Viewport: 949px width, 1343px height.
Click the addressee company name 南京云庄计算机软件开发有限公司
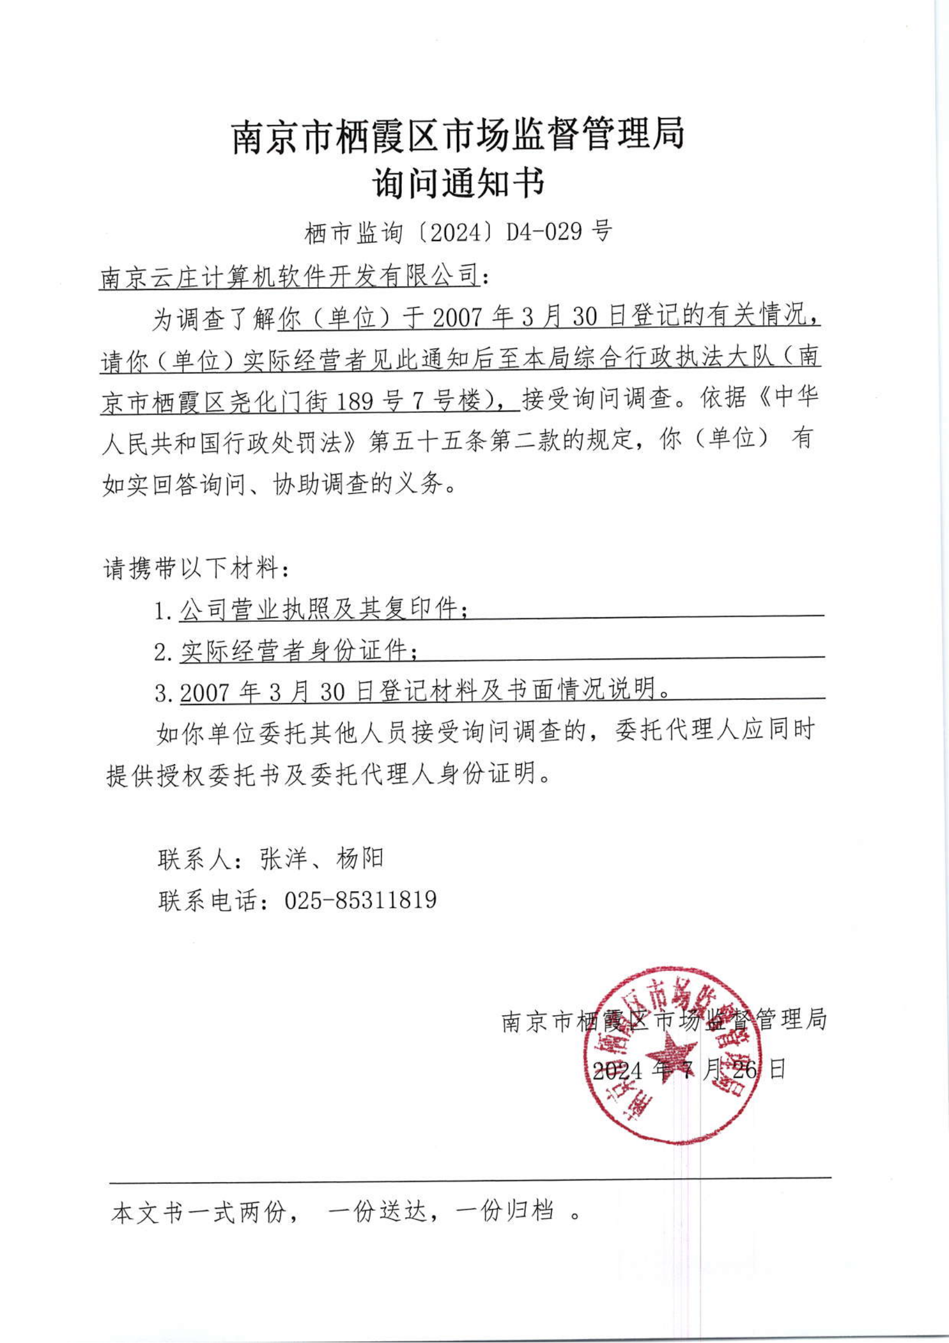[289, 276]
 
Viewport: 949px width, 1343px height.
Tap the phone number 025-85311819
[360, 900]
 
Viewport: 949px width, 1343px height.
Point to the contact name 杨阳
[359, 858]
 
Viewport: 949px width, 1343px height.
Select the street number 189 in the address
[355, 401]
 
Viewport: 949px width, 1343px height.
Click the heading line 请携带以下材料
[196, 568]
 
